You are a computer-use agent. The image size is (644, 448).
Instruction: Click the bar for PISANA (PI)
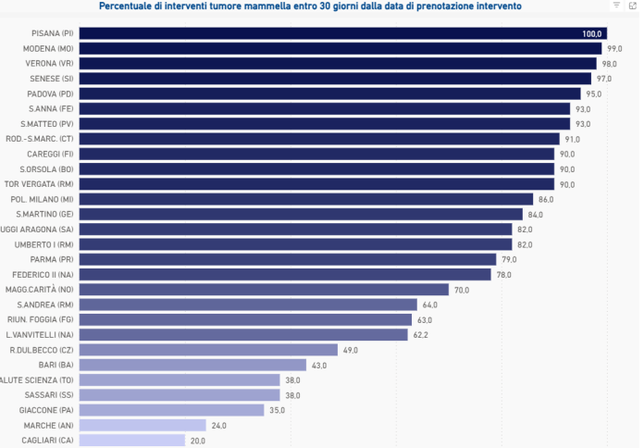pyautogui.click(x=342, y=33)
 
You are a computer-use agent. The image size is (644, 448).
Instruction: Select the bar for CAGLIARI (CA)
pyautogui.click(x=132, y=441)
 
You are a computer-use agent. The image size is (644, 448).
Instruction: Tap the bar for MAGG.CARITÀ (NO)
pyautogui.click(x=264, y=290)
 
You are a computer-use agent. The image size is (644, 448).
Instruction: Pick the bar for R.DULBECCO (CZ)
pyautogui.click(x=208, y=350)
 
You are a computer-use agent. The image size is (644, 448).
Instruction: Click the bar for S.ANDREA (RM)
pyautogui.click(x=248, y=305)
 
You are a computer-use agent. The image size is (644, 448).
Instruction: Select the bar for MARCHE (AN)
pyautogui.click(x=142, y=426)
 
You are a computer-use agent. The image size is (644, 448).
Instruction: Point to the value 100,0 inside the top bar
pyautogui.click(x=591, y=33)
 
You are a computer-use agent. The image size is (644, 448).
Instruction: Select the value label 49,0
pyautogui.click(x=350, y=350)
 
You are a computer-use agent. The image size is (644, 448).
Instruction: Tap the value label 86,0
pyautogui.click(x=546, y=199)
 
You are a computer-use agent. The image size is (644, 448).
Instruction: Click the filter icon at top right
pyautogui.click(x=617, y=6)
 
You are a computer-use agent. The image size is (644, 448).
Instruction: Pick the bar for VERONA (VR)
pyautogui.click(x=338, y=63)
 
